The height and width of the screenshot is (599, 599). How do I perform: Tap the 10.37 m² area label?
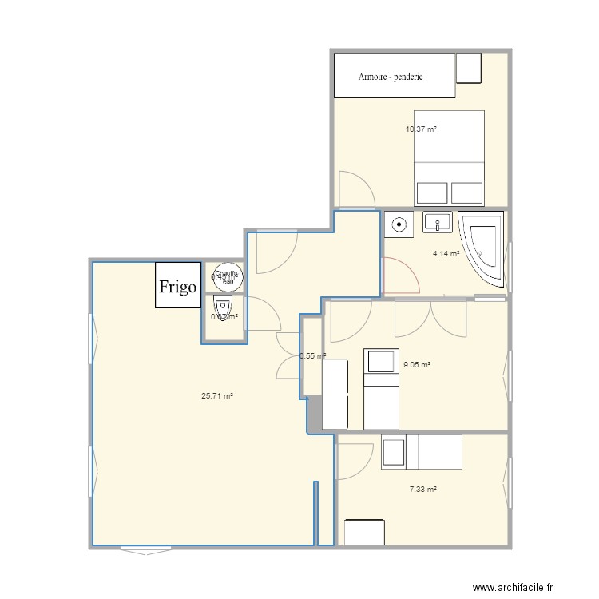[421, 129]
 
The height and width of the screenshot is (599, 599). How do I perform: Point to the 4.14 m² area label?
[446, 254]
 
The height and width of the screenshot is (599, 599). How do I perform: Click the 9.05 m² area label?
[417, 365]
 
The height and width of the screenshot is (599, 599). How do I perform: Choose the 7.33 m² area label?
[422, 490]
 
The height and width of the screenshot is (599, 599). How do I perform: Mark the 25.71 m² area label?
[217, 395]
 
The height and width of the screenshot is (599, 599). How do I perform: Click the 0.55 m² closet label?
[312, 356]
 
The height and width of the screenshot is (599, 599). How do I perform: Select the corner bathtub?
[484, 248]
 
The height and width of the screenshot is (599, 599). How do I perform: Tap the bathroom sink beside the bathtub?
[437, 223]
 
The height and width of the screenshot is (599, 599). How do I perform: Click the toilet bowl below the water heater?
[223, 307]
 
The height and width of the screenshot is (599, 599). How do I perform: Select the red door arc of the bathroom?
[402, 276]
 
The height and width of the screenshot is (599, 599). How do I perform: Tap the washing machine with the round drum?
[399, 224]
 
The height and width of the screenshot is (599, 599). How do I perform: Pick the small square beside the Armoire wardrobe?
[469, 68]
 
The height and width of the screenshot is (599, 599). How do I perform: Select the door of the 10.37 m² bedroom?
[355, 190]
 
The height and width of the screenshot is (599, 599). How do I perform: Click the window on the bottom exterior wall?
[145, 549]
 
